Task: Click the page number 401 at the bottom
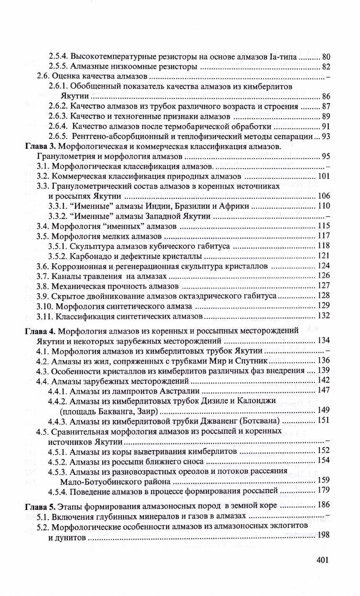(322, 560)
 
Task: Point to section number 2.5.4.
(58, 56)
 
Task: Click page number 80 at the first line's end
(326, 57)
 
